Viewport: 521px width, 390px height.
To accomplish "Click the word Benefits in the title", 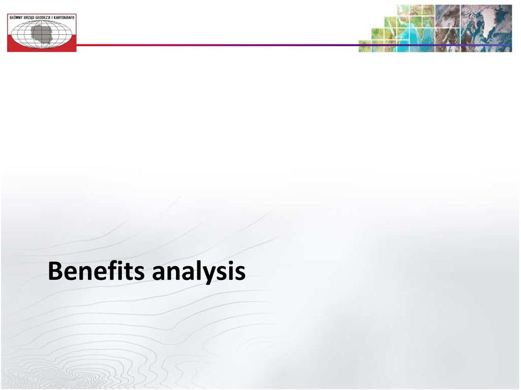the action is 96,271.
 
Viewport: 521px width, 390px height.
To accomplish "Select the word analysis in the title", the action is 199,272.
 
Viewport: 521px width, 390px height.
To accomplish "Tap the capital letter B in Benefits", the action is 55,271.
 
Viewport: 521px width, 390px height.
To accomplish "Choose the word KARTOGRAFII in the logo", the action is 65,17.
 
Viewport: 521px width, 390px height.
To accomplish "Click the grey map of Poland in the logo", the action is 42,33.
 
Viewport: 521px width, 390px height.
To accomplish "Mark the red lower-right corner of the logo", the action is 76,52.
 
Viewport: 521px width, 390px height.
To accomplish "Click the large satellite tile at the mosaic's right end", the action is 486,28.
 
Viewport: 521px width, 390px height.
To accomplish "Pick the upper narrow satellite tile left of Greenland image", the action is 447,16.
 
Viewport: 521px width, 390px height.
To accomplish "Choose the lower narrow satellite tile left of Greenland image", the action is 447,40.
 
